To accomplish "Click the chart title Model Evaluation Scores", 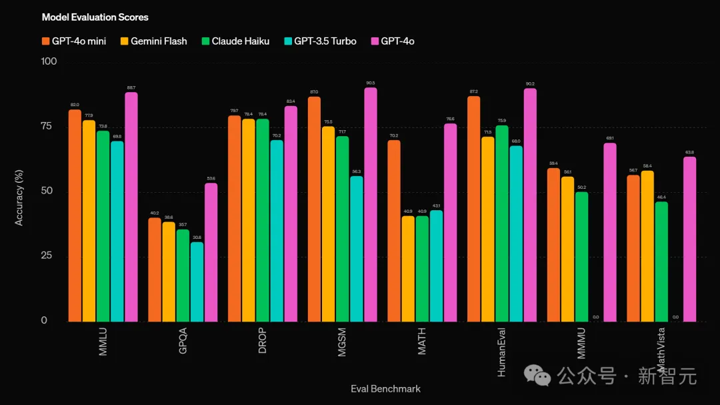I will click(95, 17).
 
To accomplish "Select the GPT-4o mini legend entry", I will click(74, 41).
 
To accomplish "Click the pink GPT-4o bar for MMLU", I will click(131, 207).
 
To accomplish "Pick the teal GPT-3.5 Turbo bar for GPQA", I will click(197, 282).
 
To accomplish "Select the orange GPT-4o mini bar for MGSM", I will click(314, 210).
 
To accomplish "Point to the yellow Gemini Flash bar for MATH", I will click(409, 269).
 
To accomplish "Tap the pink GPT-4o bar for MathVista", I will click(689, 239).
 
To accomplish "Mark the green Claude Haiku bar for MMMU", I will click(581, 257).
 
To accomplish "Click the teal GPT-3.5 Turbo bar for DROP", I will click(277, 231).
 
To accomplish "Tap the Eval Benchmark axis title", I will click(385, 389).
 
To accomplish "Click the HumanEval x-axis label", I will click(501, 352).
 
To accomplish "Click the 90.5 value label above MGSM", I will click(371, 83).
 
